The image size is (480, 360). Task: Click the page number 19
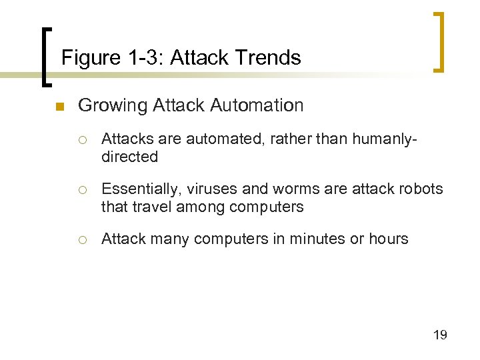pyautogui.click(x=440, y=335)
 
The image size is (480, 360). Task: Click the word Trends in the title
pyautogui.click(x=272, y=58)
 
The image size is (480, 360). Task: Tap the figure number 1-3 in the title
pyautogui.click(x=143, y=58)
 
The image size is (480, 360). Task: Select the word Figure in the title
pyautogui.click(x=89, y=58)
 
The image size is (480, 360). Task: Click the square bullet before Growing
pyautogui.click(x=59, y=107)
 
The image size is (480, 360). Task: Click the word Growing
pyautogui.click(x=113, y=105)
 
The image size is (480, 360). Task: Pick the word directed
pyautogui.click(x=129, y=157)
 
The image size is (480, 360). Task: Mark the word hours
pyautogui.click(x=388, y=239)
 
